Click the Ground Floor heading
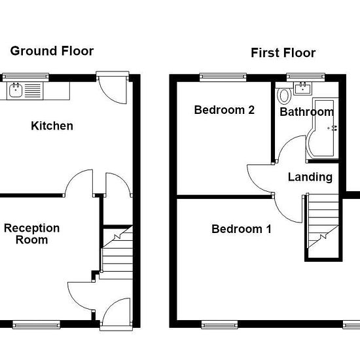pos(52,51)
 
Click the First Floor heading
pos(283,53)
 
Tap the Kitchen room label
pos(52,126)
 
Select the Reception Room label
pos(32,234)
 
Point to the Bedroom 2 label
pos(225,110)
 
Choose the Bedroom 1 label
pos(242,229)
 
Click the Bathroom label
pos(307,112)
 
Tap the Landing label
pos(310,177)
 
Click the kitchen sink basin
pos(16,90)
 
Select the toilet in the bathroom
pos(284,95)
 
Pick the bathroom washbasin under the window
pos(302,88)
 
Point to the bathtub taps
pos(333,128)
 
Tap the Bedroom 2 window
pos(223,77)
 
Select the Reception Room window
pos(36,325)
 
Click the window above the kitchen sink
pos(26,77)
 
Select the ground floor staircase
pos(117,253)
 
